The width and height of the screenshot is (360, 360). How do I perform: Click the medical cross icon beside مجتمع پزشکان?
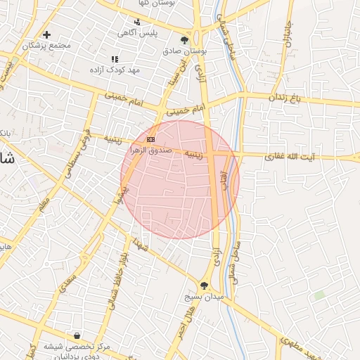(47, 34)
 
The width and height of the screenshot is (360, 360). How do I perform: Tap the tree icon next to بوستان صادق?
(185, 40)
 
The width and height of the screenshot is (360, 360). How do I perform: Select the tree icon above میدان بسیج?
(204, 285)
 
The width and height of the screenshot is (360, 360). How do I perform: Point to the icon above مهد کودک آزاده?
(115, 60)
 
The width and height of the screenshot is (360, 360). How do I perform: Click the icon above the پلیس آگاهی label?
(136, 21)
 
